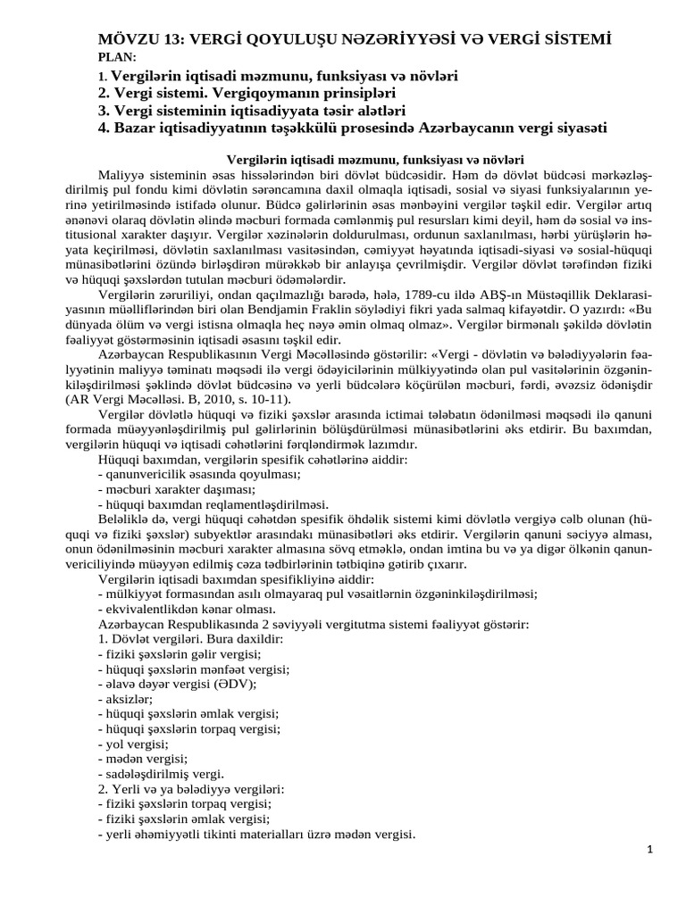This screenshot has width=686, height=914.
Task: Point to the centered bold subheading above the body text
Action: click(x=374, y=158)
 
